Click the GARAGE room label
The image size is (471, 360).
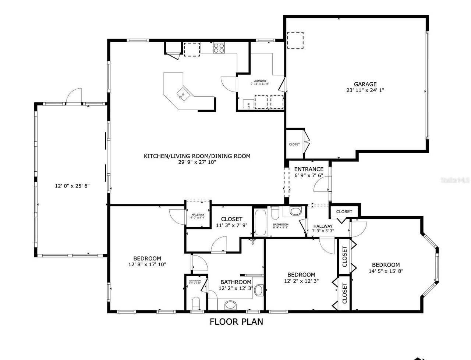pos(365,84)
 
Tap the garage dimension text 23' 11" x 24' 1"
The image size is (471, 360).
pos(365,90)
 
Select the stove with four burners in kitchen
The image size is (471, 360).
pos(219,48)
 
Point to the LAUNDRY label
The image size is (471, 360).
pos(260,81)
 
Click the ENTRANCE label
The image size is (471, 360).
pos(309,169)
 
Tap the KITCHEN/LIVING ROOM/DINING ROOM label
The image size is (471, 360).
pos(197,156)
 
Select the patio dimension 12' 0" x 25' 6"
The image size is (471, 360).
pos(72,186)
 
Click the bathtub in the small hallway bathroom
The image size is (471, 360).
pos(261,222)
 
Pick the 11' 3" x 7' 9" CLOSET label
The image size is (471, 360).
pos(231,219)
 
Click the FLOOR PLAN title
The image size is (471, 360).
pos(236,322)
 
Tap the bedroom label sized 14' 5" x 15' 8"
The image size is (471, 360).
pos(386,265)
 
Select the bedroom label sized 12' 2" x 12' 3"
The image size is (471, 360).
pos(301,275)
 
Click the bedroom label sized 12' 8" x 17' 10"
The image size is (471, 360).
pos(147,259)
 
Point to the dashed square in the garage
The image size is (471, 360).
pos(295,40)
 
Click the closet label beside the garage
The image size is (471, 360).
pos(294,144)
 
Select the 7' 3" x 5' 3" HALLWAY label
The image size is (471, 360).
pos(323,226)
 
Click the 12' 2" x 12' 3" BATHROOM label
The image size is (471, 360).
pos(235,282)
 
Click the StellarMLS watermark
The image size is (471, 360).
pos(456,180)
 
